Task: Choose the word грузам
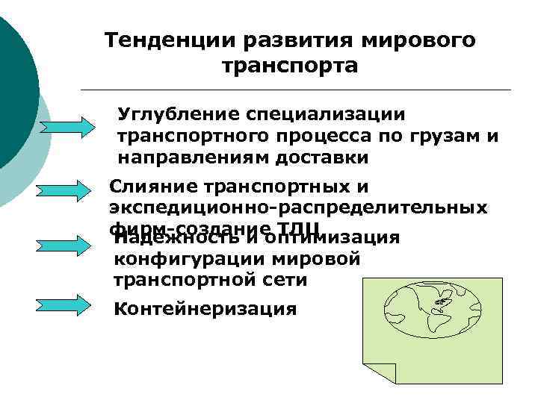coord(444,137)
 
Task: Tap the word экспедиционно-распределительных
coord(298,207)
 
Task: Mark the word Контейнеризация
coord(205,309)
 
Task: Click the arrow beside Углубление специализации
coord(64,125)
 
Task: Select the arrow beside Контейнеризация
coord(64,305)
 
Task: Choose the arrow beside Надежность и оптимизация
coord(64,246)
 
